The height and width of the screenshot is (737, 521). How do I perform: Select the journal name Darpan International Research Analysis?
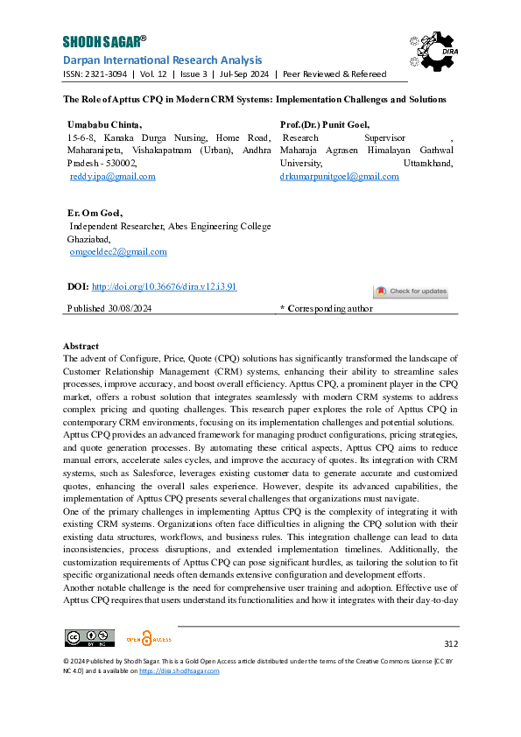click(x=162, y=60)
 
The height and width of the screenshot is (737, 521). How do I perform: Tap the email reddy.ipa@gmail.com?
click(x=112, y=176)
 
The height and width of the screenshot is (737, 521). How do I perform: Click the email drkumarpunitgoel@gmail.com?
click(x=339, y=176)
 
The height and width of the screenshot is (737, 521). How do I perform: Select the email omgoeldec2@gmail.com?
click(x=118, y=251)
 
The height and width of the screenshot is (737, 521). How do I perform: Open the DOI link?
click(x=164, y=286)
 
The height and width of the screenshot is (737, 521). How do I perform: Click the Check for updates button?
click(x=411, y=291)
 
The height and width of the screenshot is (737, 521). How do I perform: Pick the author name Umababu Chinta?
click(x=99, y=126)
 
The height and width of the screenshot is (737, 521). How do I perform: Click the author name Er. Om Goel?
click(x=95, y=213)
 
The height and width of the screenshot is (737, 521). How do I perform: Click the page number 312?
click(x=451, y=643)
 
